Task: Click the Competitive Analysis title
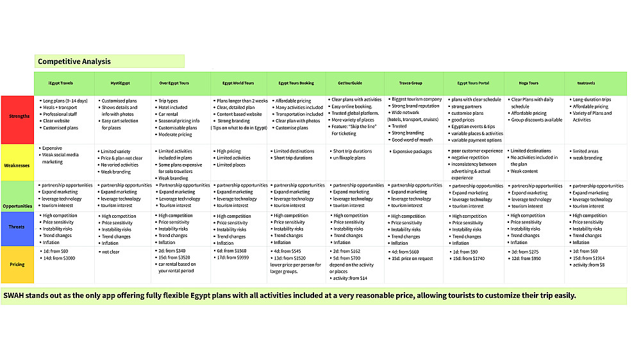pyautogui.click(x=74, y=61)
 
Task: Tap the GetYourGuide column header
pyautogui.click(x=349, y=83)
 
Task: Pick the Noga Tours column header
pyautogui.click(x=529, y=83)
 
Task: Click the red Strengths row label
pyautogui.click(x=17, y=117)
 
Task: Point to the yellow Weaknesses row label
pyautogui.click(x=17, y=163)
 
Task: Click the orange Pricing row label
pyautogui.click(x=17, y=263)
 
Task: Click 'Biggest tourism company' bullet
pyautogui.click(x=417, y=99)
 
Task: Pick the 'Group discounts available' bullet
pyautogui.click(x=537, y=120)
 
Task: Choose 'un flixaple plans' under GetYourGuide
pyautogui.click(x=349, y=158)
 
